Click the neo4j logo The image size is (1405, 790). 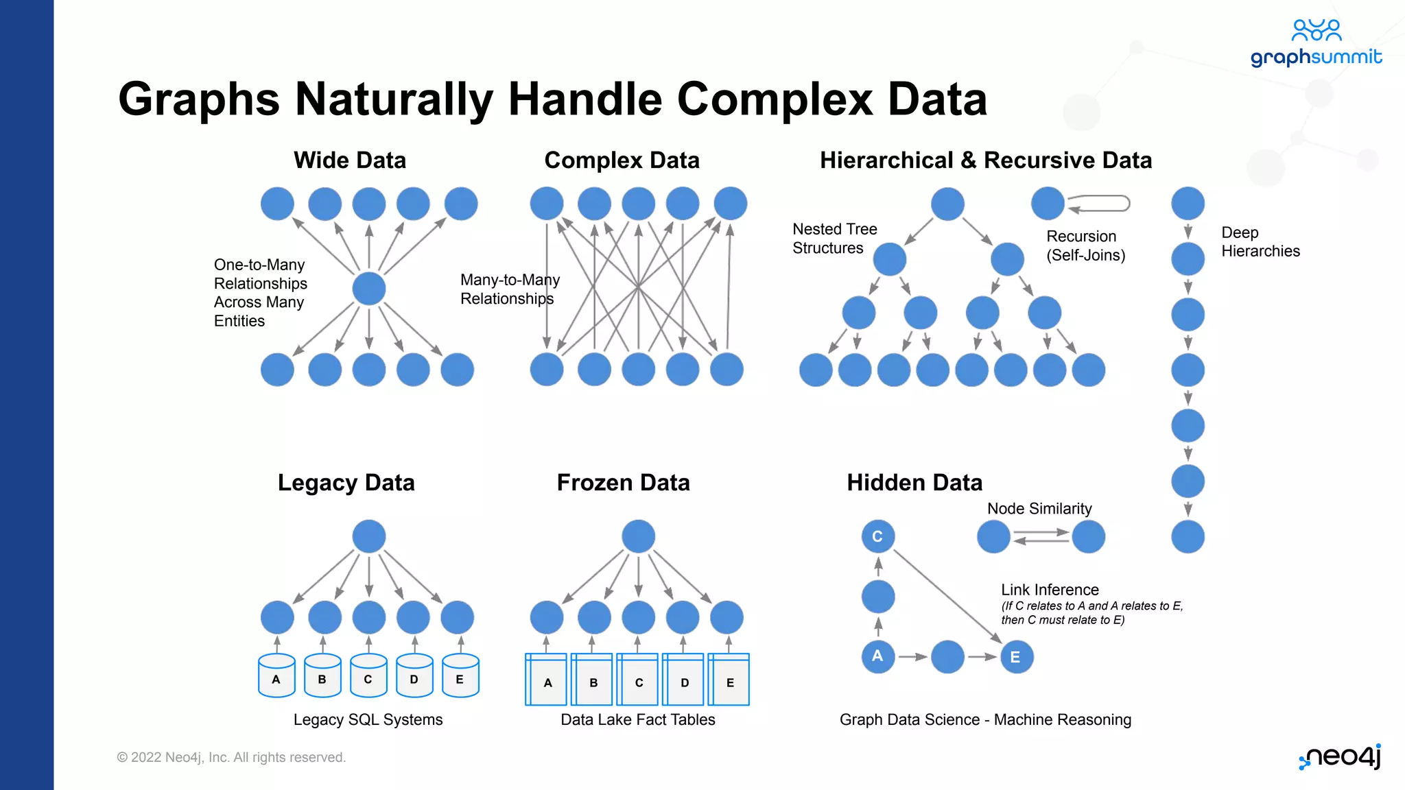tap(1340, 756)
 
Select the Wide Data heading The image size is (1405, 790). tap(350, 160)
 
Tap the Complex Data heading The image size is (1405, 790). tap(622, 160)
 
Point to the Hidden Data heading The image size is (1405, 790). tap(914, 482)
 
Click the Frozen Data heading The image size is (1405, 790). tap(623, 482)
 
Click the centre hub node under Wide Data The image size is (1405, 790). tap(369, 288)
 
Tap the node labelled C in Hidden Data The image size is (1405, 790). tap(877, 536)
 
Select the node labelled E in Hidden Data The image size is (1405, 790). tap(1016, 657)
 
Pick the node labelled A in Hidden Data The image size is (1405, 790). tap(877, 656)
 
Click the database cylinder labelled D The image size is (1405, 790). tap(414, 676)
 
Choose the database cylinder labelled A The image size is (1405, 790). tap(276, 676)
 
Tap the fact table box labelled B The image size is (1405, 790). tap(593, 680)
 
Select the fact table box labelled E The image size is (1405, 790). tap(729, 680)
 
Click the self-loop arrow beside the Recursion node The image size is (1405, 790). tap(1100, 204)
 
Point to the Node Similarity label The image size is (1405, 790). tap(1039, 508)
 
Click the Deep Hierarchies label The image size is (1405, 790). tap(1260, 241)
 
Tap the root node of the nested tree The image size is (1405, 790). tap(947, 204)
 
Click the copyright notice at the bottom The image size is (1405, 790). tap(231, 757)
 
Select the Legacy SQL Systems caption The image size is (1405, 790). tap(368, 719)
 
